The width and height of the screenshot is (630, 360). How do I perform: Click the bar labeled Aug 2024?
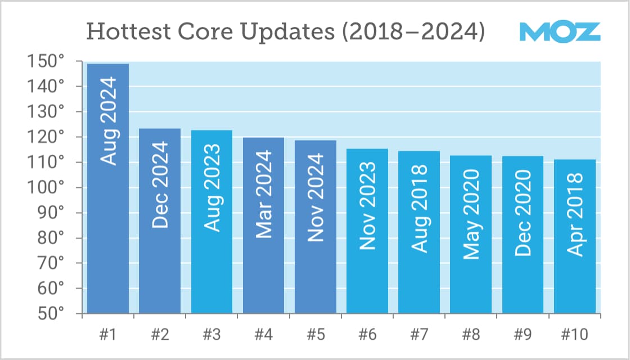click(108, 188)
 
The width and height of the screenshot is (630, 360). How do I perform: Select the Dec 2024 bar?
click(160, 220)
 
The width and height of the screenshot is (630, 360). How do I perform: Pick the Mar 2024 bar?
click(263, 225)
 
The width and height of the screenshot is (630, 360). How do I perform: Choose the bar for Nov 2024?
click(316, 227)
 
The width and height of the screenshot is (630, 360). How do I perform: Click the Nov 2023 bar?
click(367, 231)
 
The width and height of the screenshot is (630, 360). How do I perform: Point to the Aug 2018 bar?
click(419, 232)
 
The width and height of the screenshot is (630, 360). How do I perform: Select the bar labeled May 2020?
click(471, 234)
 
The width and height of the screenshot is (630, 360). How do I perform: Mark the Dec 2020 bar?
click(523, 235)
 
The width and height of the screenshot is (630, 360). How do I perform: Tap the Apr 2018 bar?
click(575, 236)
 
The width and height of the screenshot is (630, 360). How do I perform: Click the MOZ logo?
click(559, 32)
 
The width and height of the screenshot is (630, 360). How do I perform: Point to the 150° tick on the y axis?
click(46, 62)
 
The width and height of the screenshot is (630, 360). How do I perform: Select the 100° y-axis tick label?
click(46, 188)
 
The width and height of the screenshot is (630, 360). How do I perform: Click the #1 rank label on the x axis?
click(108, 335)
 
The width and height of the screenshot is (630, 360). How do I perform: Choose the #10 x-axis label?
click(575, 335)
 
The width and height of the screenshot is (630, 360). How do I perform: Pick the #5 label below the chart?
click(316, 335)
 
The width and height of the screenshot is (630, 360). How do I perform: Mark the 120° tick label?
click(46, 137)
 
